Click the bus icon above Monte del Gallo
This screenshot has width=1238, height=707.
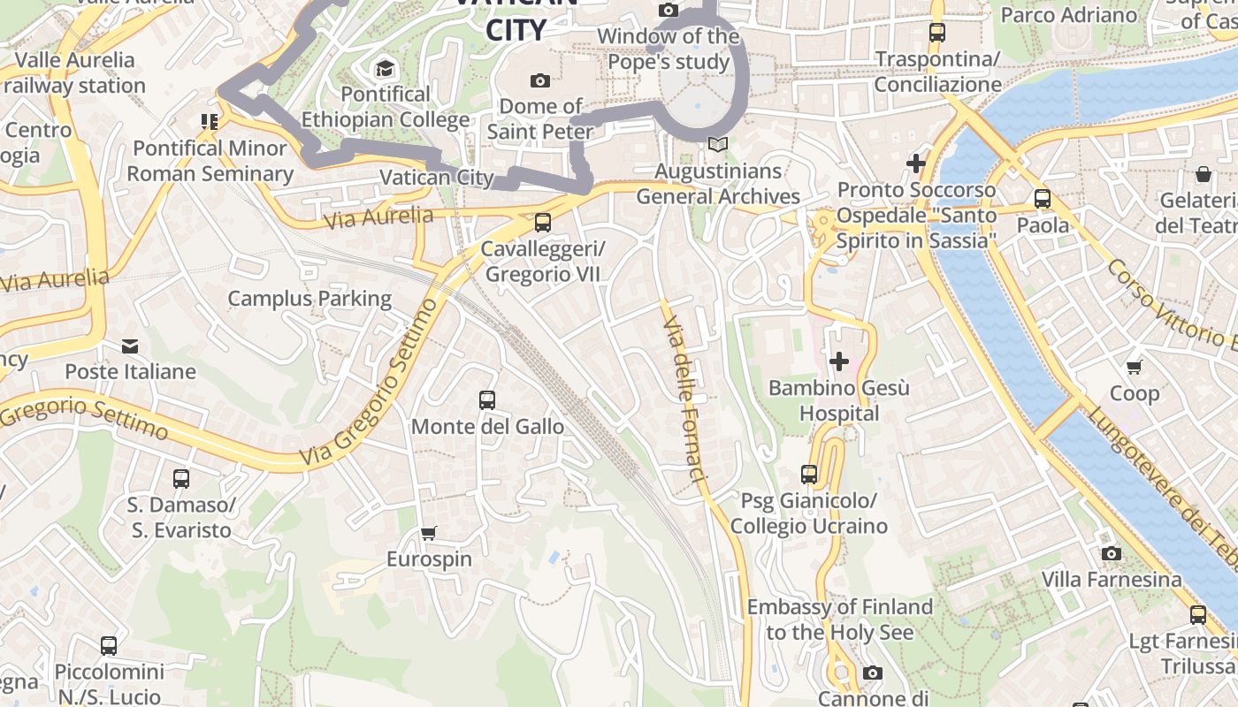pyautogui.click(x=487, y=400)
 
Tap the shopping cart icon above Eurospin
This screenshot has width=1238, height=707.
pyautogui.click(x=429, y=533)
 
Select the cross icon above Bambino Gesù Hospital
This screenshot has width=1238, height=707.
pyautogui.click(x=838, y=361)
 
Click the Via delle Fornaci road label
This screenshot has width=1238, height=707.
pyautogui.click(x=685, y=399)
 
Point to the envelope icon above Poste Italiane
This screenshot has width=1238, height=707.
pyautogui.click(x=130, y=346)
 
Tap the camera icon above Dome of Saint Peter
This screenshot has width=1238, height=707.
pyautogui.click(x=540, y=80)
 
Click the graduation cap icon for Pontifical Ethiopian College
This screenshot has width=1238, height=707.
pyautogui.click(x=385, y=68)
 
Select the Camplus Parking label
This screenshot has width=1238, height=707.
pyautogui.click(x=309, y=299)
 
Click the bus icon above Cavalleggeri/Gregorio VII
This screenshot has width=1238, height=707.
pyautogui.click(x=543, y=223)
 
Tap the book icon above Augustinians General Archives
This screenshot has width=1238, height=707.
pyautogui.click(x=718, y=144)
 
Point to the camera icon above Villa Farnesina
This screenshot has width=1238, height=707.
pyautogui.click(x=1112, y=553)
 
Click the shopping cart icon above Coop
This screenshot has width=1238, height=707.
pyautogui.click(x=1135, y=367)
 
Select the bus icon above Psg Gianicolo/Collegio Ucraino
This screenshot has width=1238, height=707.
pyautogui.click(x=809, y=475)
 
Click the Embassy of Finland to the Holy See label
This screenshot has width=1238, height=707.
pyautogui.click(x=839, y=620)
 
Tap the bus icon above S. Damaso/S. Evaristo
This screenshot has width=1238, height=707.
pyautogui.click(x=181, y=479)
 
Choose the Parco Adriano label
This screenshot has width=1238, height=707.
pyautogui.click(x=1069, y=15)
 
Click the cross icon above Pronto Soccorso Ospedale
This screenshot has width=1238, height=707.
pyautogui.click(x=916, y=163)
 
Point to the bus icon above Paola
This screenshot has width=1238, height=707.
pyautogui.click(x=1043, y=199)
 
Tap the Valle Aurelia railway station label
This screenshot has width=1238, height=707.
pyautogui.click(x=74, y=72)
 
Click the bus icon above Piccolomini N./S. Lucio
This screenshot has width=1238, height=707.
pyautogui.click(x=109, y=645)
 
